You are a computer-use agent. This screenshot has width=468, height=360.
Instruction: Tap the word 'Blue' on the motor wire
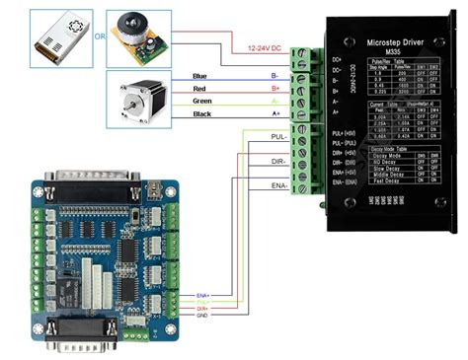coord(200,76)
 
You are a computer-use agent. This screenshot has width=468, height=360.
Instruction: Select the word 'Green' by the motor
coord(202,102)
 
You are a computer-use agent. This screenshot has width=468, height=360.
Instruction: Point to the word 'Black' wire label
coord(201,115)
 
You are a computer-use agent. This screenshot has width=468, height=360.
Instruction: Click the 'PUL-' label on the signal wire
coord(280,136)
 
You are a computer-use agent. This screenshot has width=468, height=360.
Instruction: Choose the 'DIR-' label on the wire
coord(280,160)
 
